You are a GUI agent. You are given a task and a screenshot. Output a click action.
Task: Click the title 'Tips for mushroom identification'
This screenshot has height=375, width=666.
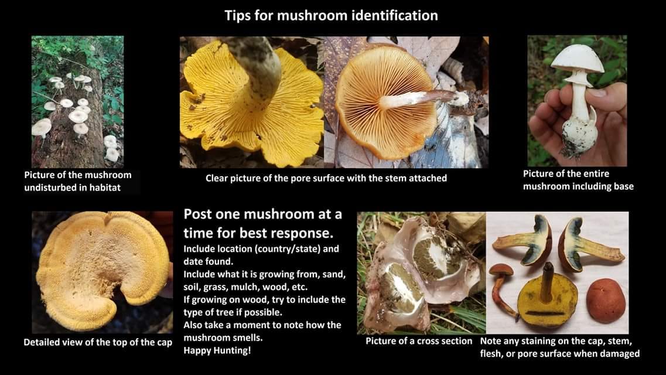pyautogui.click(x=331, y=16)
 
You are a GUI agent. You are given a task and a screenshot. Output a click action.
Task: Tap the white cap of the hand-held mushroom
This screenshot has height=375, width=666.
pyautogui.click(x=578, y=58)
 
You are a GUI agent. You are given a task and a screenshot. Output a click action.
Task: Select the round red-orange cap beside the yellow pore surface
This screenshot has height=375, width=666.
pyautogui.click(x=605, y=300)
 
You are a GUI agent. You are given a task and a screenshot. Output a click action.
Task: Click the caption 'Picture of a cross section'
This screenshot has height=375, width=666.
pyautogui.click(x=419, y=341)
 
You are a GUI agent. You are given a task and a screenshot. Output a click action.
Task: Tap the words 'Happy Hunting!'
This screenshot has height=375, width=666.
pyautogui.click(x=217, y=350)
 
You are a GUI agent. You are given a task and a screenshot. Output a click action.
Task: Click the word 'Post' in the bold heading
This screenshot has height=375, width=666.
pyautogui.click(x=198, y=214)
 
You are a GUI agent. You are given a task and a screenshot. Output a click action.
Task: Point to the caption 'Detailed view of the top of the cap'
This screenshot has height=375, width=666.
pyautogui.click(x=98, y=342)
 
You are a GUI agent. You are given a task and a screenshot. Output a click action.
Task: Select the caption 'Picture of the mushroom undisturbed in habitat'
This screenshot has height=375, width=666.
pyautogui.click(x=78, y=181)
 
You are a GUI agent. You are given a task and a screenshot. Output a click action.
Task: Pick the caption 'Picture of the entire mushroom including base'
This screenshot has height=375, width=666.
pyautogui.click(x=578, y=180)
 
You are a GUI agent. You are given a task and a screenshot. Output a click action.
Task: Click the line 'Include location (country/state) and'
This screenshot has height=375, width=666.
pyautogui.click(x=261, y=249)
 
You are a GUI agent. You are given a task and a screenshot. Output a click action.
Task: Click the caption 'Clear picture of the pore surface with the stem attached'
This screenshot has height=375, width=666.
pyautogui.click(x=326, y=178)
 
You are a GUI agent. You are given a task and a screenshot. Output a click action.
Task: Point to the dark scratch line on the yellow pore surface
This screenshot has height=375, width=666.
pyautogui.click(x=545, y=313)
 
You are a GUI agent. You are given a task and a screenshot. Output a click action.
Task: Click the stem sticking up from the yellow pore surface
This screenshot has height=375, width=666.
pyautogui.click(x=548, y=282)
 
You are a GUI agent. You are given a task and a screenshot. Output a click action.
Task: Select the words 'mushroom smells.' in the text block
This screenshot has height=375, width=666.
pyautogui.click(x=223, y=338)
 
